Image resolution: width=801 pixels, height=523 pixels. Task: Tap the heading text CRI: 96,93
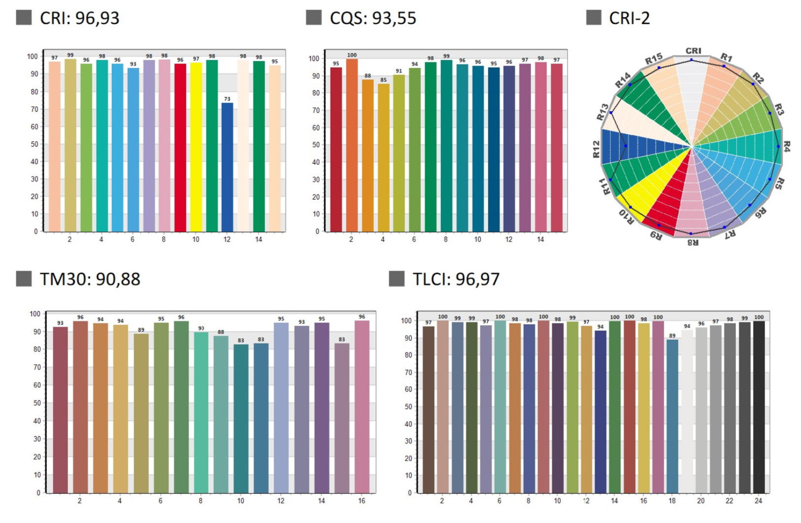click(x=79, y=18)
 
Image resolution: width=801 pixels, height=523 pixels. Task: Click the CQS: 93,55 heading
click(x=372, y=18)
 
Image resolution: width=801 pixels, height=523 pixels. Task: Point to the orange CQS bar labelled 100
click(x=352, y=145)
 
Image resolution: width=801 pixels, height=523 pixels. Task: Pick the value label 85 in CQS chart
click(x=383, y=80)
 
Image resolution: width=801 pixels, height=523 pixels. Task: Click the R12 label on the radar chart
click(x=596, y=149)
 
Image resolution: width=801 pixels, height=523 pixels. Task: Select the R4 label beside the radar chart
click(x=786, y=146)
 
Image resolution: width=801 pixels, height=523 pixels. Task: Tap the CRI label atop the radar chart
click(x=693, y=51)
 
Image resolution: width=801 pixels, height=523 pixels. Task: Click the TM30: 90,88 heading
click(x=90, y=279)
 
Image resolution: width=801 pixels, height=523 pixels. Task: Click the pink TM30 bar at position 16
click(x=362, y=407)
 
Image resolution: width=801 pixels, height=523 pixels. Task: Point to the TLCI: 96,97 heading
click(x=456, y=279)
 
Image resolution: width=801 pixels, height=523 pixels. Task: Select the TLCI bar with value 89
click(x=672, y=416)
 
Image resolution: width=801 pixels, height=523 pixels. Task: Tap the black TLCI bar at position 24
click(x=759, y=407)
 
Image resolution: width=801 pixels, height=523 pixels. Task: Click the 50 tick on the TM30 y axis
click(x=37, y=403)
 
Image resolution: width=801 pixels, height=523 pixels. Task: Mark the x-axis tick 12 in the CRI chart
click(x=227, y=240)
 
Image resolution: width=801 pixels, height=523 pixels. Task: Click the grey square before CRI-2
click(x=594, y=18)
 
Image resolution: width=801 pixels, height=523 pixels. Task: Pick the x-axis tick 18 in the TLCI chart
click(x=672, y=501)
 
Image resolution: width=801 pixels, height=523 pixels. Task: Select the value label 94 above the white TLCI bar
click(x=687, y=326)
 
